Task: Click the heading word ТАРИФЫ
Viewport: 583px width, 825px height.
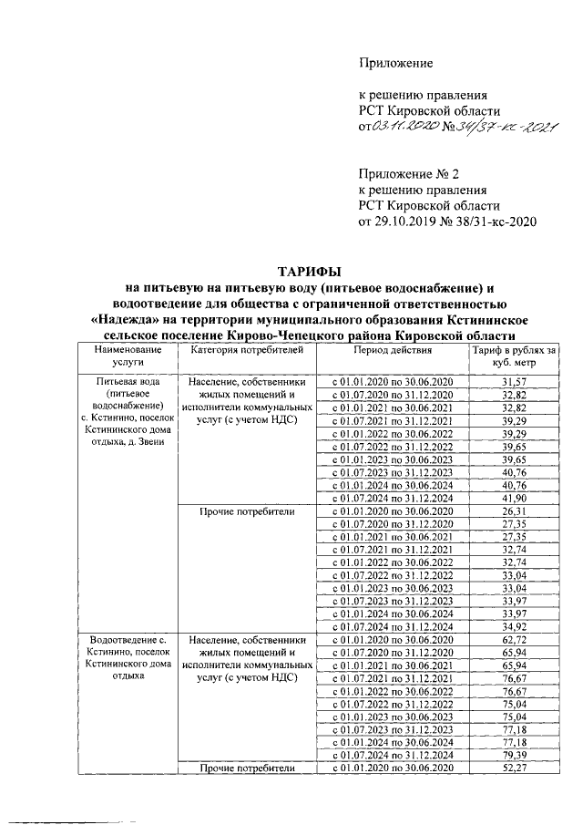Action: coord(309,271)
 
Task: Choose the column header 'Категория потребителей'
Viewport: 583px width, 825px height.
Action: coord(241,350)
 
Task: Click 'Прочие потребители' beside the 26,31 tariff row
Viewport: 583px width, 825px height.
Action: coord(241,512)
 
